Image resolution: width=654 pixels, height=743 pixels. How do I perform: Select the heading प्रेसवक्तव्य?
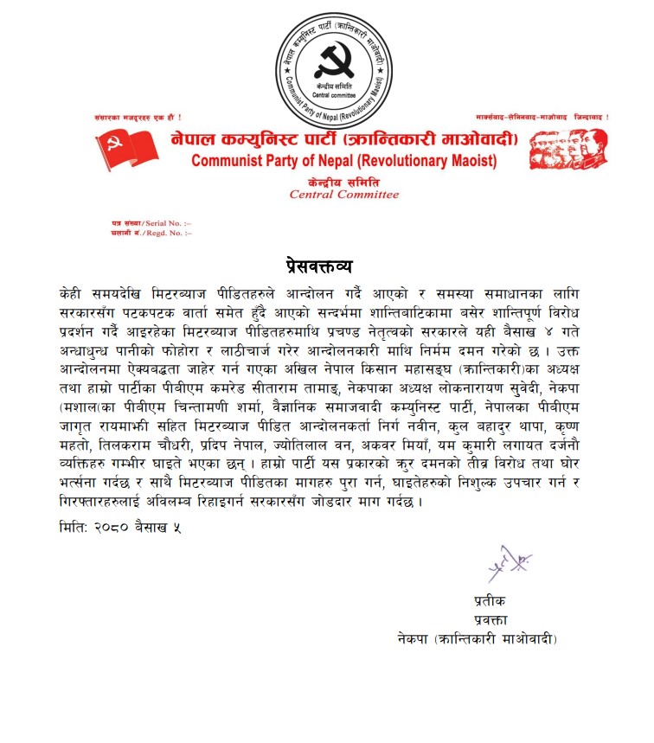[327, 265]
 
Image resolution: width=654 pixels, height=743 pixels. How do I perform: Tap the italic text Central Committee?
[344, 195]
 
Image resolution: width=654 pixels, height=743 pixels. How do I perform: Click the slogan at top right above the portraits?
[542, 117]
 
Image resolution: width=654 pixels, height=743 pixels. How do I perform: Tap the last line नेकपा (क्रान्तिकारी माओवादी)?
[475, 639]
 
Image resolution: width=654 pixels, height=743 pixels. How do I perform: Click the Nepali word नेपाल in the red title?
[197, 140]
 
